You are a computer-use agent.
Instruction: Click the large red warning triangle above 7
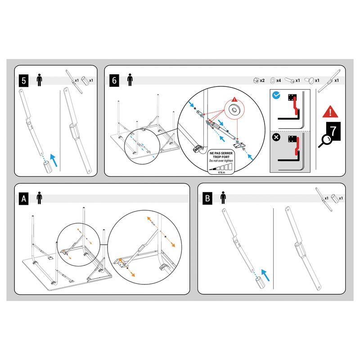pos(331,111)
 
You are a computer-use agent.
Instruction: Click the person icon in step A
pos(40,198)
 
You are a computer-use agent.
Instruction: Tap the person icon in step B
pos(223,198)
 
